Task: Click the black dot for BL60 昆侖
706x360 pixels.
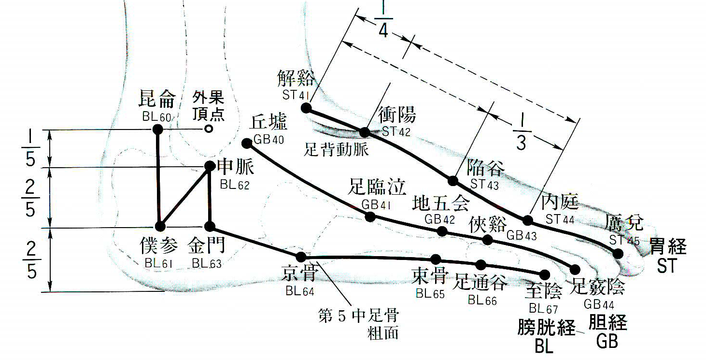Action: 157,129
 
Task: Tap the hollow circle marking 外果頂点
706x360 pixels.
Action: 208,129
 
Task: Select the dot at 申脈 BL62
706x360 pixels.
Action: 210,166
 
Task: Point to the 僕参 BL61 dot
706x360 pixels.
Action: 160,227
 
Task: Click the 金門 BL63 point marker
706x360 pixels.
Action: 210,227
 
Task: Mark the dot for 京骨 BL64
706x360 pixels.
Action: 301,257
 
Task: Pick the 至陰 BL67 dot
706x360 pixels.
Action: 545,274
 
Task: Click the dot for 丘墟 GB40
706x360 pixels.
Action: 247,143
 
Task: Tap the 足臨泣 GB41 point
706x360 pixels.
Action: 370,216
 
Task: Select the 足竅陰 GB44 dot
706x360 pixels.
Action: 575,269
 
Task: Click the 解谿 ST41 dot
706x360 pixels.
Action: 306,107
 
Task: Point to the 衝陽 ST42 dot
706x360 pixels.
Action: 365,132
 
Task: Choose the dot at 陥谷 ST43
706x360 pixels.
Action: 452,181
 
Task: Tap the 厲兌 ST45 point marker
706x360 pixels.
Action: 618,253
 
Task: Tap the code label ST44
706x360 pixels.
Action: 560,219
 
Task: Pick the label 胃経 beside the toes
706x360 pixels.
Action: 668,247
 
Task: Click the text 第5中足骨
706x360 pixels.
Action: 358,317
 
